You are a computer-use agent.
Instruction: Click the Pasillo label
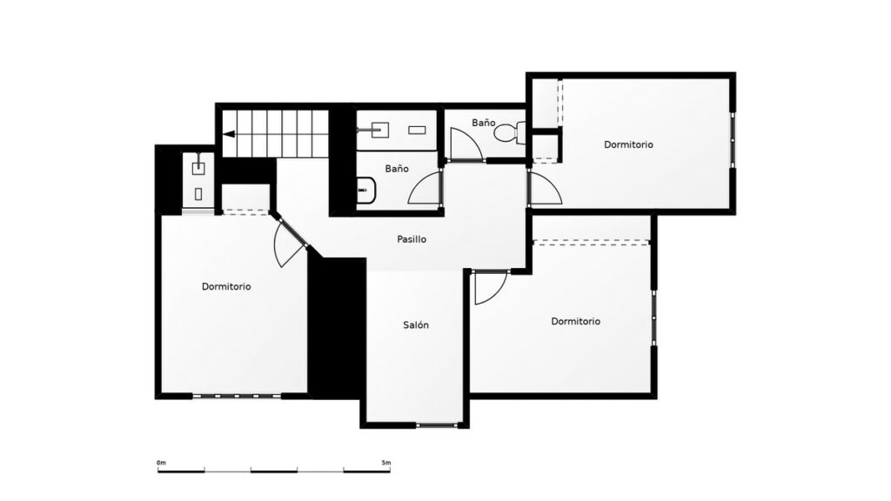tap(412, 239)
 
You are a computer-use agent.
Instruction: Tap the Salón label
tap(416, 325)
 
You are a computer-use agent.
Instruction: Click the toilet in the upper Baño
tap(510, 133)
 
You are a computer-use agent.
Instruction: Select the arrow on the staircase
tap(229, 135)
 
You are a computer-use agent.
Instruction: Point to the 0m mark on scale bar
tap(161, 463)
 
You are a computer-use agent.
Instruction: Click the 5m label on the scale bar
tap(386, 463)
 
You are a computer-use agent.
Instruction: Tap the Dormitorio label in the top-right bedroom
tap(628, 144)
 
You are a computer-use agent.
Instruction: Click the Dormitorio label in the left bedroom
tap(226, 286)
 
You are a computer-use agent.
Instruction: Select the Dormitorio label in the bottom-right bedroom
tap(576, 321)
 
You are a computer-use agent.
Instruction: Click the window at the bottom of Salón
tap(439, 424)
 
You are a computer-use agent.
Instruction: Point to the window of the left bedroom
tap(237, 396)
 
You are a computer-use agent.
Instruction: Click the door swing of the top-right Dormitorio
tap(545, 188)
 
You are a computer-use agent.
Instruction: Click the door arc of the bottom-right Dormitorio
tap(490, 287)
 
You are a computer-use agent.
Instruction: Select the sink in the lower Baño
tap(366, 190)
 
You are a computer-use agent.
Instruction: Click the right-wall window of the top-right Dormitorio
tap(733, 140)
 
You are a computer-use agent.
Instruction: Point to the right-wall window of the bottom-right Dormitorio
tap(654, 317)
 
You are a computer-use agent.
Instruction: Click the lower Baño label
tap(397, 169)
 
